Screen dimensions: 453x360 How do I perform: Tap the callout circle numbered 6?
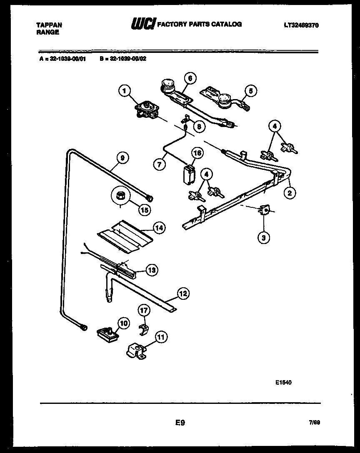click(190, 78)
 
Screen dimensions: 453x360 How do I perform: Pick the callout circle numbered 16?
click(197, 153)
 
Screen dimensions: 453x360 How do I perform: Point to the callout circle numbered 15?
click(144, 210)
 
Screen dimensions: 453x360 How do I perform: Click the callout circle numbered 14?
click(159, 228)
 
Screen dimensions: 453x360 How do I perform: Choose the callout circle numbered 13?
click(152, 270)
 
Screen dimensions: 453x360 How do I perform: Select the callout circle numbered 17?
click(144, 310)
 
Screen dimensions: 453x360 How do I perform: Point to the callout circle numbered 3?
click(263, 238)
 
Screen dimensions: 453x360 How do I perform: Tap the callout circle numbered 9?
click(122, 158)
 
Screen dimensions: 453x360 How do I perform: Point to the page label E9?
click(180, 423)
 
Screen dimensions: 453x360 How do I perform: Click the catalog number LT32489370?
click(302, 25)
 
